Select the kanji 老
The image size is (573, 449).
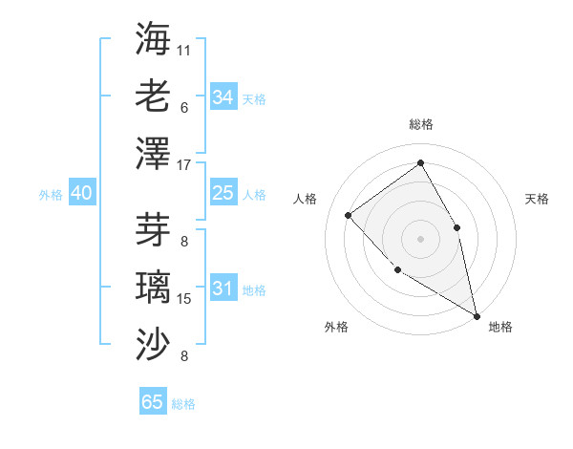click(153, 96)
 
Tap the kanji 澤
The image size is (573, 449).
click(153, 154)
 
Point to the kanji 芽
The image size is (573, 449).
click(153, 229)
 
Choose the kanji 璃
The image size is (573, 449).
click(153, 288)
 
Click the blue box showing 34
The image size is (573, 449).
click(223, 97)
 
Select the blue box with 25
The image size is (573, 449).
click(223, 193)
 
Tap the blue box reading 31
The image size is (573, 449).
click(223, 289)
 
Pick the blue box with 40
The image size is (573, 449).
click(81, 193)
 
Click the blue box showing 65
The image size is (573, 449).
click(153, 402)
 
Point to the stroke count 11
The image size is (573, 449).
click(184, 49)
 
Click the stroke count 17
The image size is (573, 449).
click(184, 165)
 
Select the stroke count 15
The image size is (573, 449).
click(184, 299)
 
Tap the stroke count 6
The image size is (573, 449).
click(184, 107)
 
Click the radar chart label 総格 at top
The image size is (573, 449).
click(420, 124)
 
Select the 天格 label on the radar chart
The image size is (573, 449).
click(537, 199)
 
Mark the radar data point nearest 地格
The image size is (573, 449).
click(477, 315)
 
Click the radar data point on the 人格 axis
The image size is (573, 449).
click(349, 215)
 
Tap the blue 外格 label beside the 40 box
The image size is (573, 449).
click(51, 194)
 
